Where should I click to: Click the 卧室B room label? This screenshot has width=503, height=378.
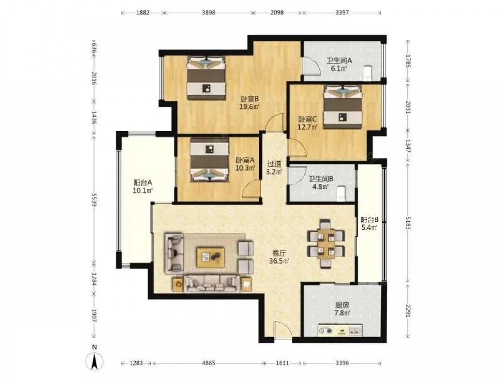[x=249, y=99]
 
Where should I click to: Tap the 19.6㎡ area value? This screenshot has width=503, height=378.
[x=249, y=107]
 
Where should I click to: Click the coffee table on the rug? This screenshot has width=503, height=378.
[x=210, y=257]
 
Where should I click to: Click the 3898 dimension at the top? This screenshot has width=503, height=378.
[x=208, y=13]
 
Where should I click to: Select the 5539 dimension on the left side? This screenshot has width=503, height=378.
[x=94, y=199]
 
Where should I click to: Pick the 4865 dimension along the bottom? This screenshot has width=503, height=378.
[x=208, y=363]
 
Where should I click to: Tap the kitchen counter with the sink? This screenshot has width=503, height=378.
[x=341, y=330]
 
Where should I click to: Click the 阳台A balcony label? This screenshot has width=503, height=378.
[x=142, y=183]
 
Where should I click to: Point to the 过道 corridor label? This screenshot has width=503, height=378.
[x=274, y=164]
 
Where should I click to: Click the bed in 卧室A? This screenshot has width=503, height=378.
[x=209, y=159]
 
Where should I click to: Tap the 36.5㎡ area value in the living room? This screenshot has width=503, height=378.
[x=279, y=261]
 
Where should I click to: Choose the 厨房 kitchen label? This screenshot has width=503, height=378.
[x=342, y=305]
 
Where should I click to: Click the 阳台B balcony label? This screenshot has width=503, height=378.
[x=369, y=220]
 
